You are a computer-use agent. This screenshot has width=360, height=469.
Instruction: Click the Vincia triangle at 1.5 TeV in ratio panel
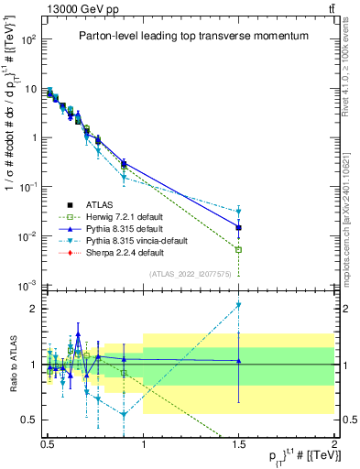(239, 305)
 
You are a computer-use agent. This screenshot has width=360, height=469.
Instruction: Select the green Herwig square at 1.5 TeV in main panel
(239, 249)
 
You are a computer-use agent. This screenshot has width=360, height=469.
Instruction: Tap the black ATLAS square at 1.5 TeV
(239, 227)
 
